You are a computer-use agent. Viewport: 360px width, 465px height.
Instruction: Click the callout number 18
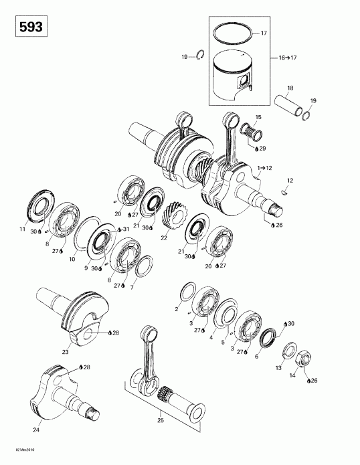(x=290, y=88)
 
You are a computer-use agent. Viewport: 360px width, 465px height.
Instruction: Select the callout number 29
(x=263, y=148)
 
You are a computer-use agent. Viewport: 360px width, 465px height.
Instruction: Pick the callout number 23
(x=66, y=351)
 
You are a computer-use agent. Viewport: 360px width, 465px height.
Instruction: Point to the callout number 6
(x=257, y=357)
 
